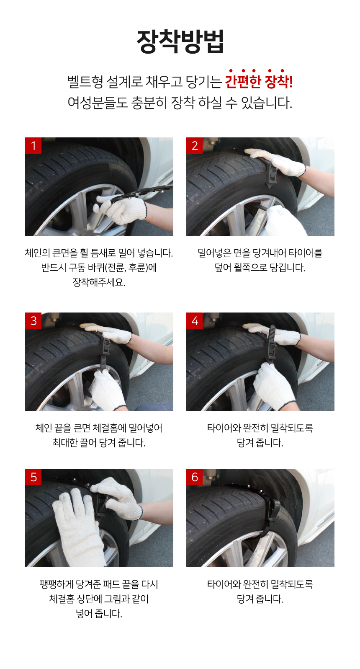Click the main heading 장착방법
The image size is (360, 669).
(x=180, y=41)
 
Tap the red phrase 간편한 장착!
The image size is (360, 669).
(x=259, y=81)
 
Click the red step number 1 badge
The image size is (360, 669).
(x=33, y=145)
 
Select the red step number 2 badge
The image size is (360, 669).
(x=194, y=145)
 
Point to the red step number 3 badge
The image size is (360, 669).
(x=33, y=320)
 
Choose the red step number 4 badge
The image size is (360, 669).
(x=194, y=320)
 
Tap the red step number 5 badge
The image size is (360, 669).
(x=33, y=477)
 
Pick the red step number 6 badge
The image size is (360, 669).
(x=194, y=477)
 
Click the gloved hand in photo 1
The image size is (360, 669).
(x=121, y=209)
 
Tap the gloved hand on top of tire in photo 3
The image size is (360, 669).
(x=108, y=333)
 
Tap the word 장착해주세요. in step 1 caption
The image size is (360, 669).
(x=99, y=282)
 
